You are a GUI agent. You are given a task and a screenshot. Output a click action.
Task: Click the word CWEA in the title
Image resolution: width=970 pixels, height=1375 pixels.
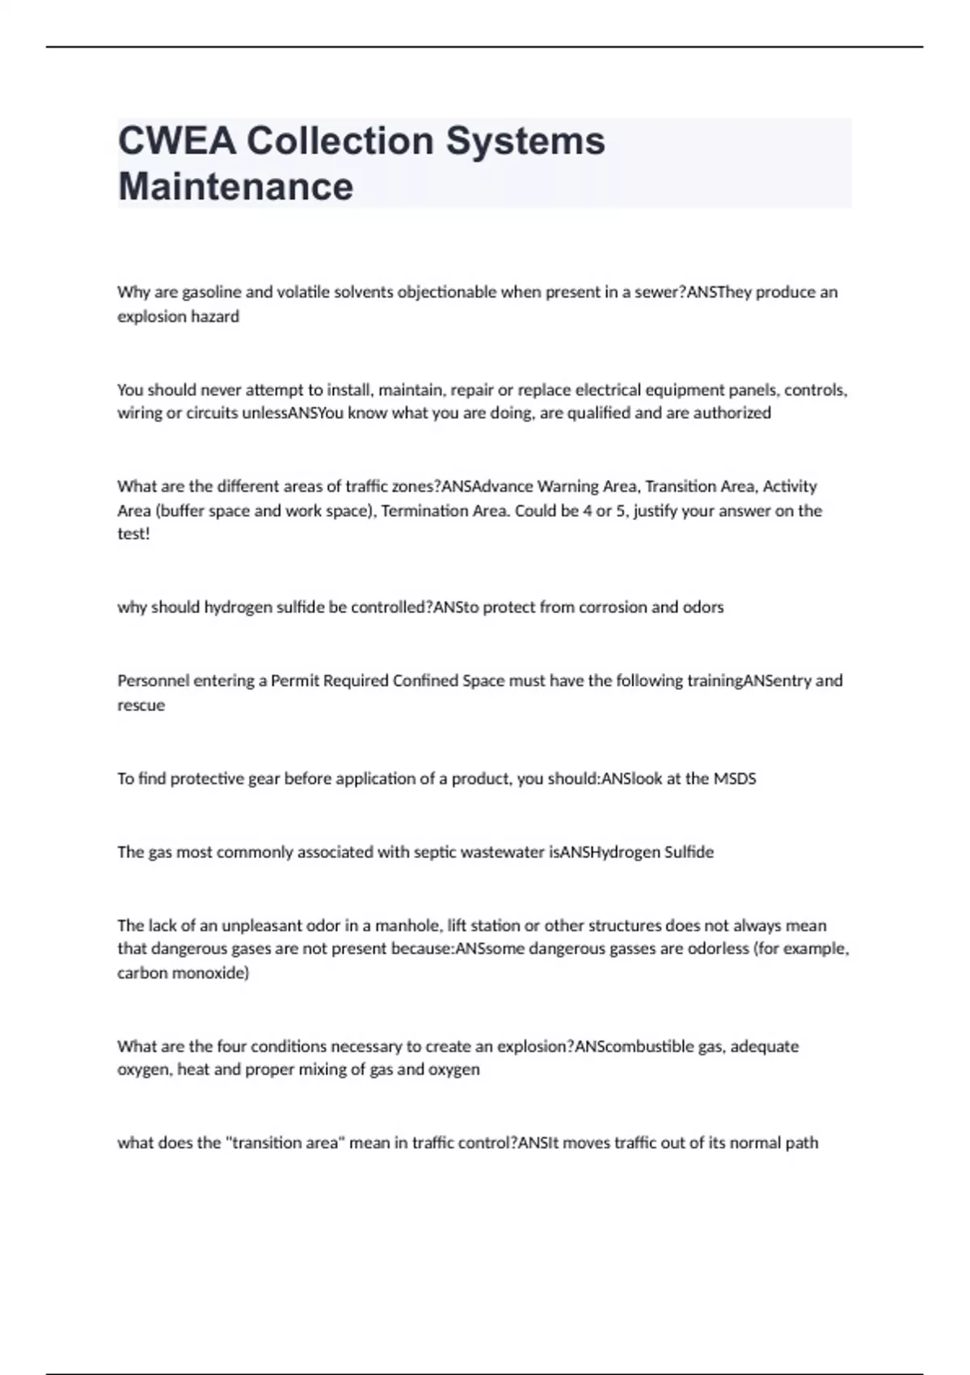pyautogui.click(x=177, y=141)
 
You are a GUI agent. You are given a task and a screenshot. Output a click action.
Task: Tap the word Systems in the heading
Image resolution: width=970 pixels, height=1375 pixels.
pyautogui.click(x=525, y=141)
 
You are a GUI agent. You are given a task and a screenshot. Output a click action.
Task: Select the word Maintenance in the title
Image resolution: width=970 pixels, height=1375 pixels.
pyautogui.click(x=235, y=186)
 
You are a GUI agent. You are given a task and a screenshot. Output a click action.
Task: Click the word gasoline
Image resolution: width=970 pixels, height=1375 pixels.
pyautogui.click(x=212, y=292)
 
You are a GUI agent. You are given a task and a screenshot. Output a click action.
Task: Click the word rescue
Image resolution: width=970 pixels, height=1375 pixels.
pyautogui.click(x=141, y=704)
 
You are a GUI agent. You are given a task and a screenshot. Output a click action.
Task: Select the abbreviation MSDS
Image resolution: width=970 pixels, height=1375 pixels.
pyautogui.click(x=734, y=779)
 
